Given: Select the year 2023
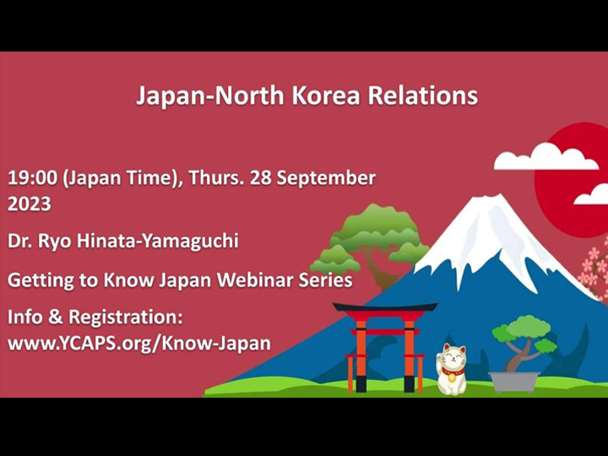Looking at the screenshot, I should coord(30,204).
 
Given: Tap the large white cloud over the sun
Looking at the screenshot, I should coord(545,157).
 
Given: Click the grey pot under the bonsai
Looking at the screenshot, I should coord(514,382).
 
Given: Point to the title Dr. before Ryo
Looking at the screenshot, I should coord(22,241).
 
